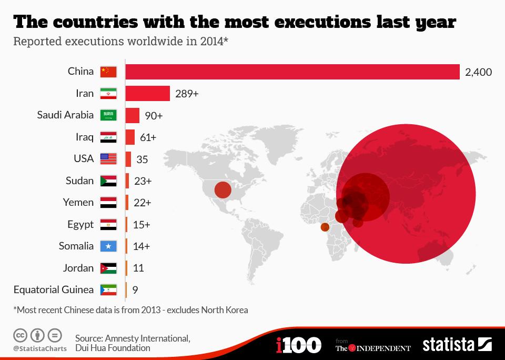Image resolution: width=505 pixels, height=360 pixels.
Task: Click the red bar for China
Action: tap(292, 72)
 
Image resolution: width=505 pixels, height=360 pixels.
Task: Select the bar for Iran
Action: tap(148, 93)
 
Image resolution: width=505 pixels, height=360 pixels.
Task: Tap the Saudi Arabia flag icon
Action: tap(108, 115)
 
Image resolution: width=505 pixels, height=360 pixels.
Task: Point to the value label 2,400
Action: tap(478, 72)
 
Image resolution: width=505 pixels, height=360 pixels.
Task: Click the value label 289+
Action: tap(187, 94)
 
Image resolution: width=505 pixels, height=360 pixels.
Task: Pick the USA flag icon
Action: tap(108, 159)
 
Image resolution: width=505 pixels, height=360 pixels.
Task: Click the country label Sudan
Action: tap(79, 181)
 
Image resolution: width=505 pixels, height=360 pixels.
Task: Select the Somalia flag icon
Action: tap(108, 246)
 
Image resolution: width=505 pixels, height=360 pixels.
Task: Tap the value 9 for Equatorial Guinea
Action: tap(136, 289)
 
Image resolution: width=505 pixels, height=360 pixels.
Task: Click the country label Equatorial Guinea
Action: tap(54, 289)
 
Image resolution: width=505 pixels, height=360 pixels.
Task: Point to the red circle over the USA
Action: tap(223, 189)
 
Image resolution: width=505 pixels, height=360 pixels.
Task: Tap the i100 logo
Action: tap(298, 345)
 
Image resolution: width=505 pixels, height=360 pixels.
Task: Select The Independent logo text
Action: tap(373, 347)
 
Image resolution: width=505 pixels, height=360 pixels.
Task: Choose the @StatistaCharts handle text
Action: tap(40, 348)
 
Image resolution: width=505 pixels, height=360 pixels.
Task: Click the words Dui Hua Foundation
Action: tap(113, 348)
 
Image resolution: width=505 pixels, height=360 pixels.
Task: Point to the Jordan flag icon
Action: tap(108, 268)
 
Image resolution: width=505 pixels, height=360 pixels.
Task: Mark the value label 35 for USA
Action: tap(142, 159)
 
